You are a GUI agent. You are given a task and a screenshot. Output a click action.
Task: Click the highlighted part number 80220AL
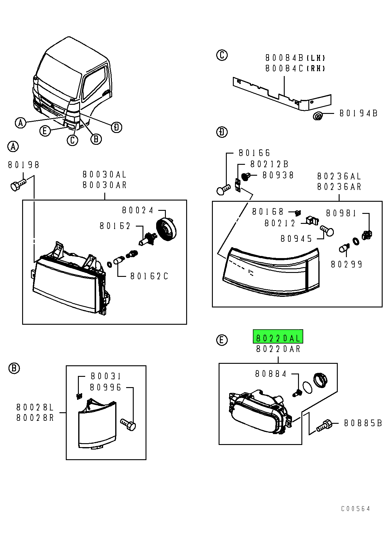(278, 338)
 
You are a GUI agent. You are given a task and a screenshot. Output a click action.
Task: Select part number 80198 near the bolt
(24, 165)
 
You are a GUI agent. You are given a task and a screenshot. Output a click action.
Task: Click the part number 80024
(138, 210)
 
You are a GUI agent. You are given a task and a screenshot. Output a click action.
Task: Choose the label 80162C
(149, 276)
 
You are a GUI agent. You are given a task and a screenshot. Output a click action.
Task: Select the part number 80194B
(358, 114)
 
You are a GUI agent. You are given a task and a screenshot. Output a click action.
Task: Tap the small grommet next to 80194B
(317, 116)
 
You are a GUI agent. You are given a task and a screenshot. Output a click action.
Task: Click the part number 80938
(278, 175)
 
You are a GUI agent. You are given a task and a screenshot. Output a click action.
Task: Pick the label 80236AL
(339, 176)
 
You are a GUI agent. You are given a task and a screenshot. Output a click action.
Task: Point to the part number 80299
(347, 264)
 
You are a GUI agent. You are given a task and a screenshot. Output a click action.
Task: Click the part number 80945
(296, 239)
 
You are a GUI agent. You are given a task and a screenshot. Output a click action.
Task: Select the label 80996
(106, 387)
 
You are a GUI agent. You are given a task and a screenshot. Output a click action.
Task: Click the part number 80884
(271, 374)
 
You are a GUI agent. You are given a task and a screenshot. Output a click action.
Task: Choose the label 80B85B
(363, 423)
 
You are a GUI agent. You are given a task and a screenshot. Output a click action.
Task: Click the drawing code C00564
(355, 509)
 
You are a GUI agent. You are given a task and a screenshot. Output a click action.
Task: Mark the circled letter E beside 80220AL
(222, 340)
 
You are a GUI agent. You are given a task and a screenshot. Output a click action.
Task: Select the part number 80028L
(35, 407)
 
